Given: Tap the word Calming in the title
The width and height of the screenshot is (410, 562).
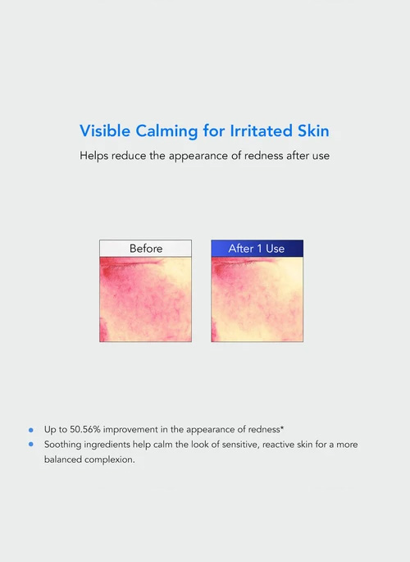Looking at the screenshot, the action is [166, 131].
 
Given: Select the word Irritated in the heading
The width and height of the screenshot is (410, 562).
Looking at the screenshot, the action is [260, 130].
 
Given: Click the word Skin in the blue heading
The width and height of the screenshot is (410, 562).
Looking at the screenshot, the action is [313, 130].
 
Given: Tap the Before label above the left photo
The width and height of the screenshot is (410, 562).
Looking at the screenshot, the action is [146, 249].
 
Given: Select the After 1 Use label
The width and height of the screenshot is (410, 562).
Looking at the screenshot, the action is [257, 249].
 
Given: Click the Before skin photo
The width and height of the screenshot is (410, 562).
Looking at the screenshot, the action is [146, 299].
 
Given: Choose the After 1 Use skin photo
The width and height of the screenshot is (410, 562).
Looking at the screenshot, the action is [257, 299].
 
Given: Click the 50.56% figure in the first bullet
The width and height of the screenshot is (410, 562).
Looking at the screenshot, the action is [84, 429].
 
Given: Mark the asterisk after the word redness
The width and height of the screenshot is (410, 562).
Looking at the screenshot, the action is [282, 427].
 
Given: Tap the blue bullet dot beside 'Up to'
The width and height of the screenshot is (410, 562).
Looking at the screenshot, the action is [31, 430].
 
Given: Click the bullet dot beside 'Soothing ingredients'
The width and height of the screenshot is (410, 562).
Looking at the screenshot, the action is [31, 445].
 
